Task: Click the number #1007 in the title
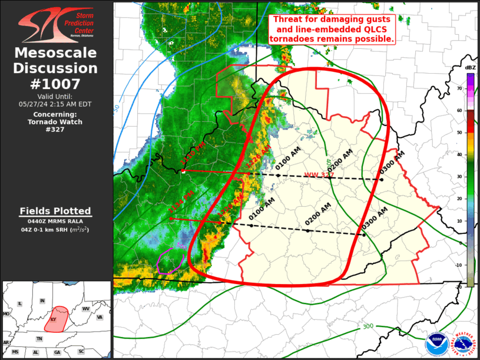coord(55,84)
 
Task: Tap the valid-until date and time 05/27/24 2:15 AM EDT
coord(55,104)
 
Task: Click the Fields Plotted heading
coord(55,211)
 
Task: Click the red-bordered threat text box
coord(332,28)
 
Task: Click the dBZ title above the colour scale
coord(470,68)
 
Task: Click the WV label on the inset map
coord(85,309)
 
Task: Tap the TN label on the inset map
coord(39,339)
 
